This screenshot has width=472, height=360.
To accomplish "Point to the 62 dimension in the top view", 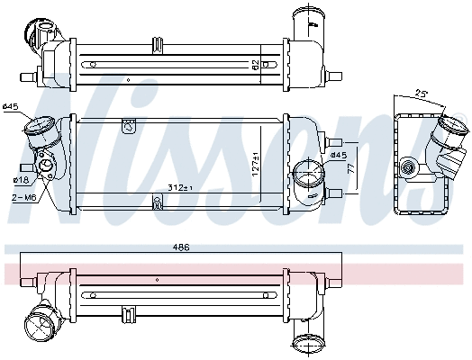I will (x=256, y=63).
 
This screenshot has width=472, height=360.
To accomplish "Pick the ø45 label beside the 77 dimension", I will (x=338, y=156).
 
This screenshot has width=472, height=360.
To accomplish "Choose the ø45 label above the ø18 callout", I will (x=11, y=108).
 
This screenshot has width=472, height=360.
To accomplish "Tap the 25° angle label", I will (x=421, y=94).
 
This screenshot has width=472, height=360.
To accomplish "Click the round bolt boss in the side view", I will (x=412, y=167).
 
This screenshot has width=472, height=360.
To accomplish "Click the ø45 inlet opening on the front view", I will (x=39, y=131).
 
